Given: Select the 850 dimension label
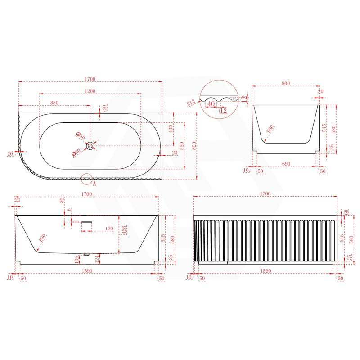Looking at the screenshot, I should (x=54, y=103).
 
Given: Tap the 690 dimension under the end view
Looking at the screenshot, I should (x=286, y=164).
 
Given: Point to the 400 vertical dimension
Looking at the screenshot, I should (x=171, y=129).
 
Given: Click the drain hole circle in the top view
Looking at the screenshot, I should (x=91, y=145).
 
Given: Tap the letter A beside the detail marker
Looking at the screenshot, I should (x=94, y=183).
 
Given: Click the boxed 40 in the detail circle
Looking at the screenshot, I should (x=210, y=103).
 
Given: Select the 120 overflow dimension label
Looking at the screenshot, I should (x=108, y=229).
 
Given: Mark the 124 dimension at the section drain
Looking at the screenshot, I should (x=97, y=259).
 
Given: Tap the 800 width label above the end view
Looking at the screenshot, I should (x=286, y=84).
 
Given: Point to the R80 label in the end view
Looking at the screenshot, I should (x=270, y=128).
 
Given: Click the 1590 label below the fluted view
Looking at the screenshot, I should (x=265, y=271).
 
